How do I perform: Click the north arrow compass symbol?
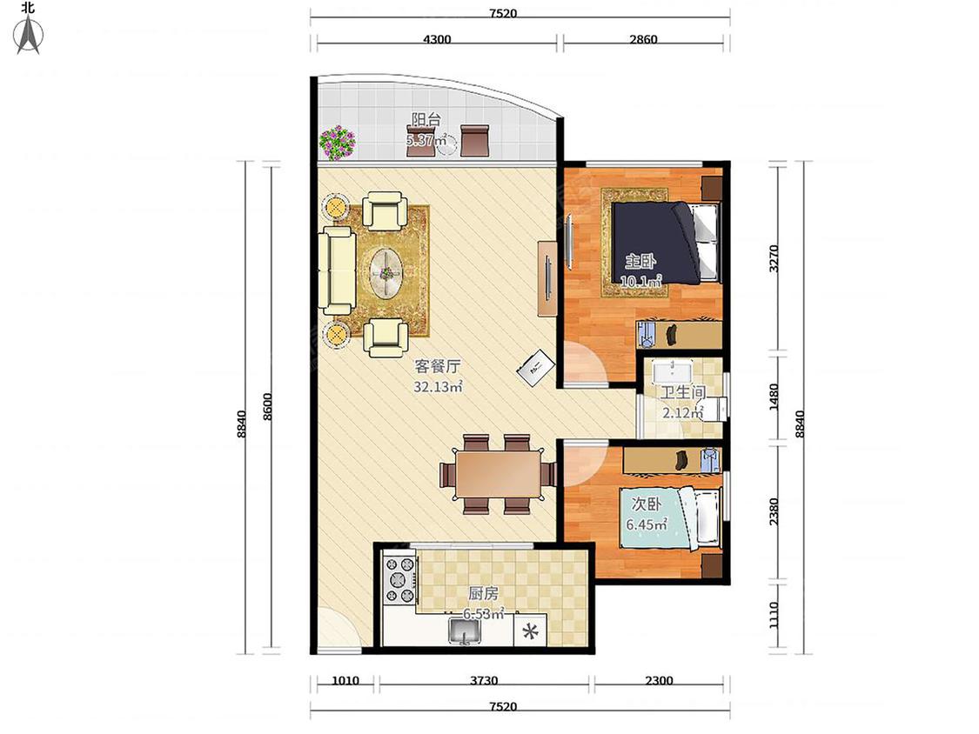pos(29,35)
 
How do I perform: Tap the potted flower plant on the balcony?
pos(337,143)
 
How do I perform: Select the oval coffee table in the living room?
pos(387,273)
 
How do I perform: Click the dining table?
pos(499,474)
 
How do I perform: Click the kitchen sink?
pos(465,631)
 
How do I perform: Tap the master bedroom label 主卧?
pos(641,261)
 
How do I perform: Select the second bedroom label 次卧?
pos(647,504)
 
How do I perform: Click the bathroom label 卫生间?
pos(683,392)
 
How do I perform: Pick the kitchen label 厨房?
pos(483,593)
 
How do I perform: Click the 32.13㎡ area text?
pos(438,387)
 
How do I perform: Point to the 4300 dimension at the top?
pos(437,39)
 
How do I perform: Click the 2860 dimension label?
pos(643,39)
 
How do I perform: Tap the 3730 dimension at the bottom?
pos(484,681)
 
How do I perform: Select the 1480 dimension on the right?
pos(774,397)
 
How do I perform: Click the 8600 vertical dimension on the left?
pos(268,407)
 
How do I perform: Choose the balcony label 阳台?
pos(426,119)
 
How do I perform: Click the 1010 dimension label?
pos(345,681)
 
